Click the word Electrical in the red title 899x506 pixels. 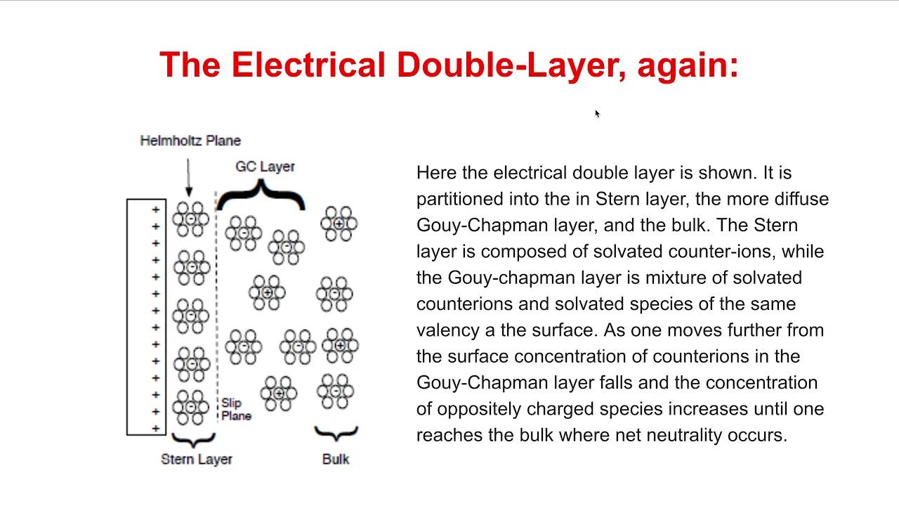(308, 65)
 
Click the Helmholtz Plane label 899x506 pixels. (190, 141)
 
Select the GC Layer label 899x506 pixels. (265, 167)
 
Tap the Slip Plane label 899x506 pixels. (237, 409)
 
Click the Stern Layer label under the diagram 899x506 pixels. (196, 459)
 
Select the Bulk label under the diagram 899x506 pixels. (336, 459)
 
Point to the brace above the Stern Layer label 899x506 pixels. (193, 440)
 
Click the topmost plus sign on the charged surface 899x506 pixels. (156, 209)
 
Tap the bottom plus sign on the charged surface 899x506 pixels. (156, 429)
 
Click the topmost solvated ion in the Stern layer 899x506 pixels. (190, 219)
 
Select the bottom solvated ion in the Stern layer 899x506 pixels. (190, 407)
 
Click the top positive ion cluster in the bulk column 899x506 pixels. (339, 223)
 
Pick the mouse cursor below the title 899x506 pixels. (597, 114)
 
